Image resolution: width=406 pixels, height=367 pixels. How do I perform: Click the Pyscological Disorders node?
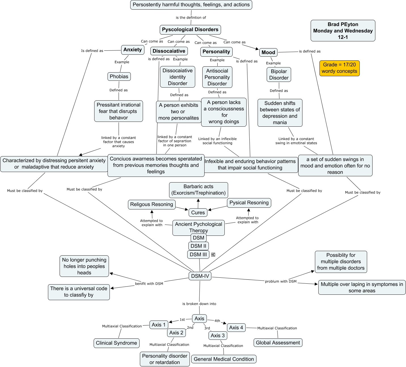[x=190, y=29]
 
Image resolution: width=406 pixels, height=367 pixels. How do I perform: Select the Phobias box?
[x=119, y=77]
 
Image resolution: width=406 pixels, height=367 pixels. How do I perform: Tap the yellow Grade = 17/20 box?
[x=339, y=68]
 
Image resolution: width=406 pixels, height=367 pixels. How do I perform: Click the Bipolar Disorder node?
[x=279, y=75]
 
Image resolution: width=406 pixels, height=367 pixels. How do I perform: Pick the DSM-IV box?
[x=200, y=276]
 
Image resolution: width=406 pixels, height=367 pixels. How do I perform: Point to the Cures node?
[x=198, y=213]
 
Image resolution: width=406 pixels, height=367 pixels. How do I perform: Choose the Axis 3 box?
[x=218, y=336]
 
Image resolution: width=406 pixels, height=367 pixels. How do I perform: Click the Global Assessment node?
[x=278, y=343]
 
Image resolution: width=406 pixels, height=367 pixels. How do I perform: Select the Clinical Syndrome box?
[x=116, y=343]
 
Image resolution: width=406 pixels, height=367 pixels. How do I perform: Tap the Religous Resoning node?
[x=152, y=204]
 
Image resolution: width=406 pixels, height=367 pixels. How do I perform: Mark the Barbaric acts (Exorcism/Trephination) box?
[x=198, y=190]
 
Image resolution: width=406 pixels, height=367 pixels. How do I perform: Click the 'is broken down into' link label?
[x=199, y=304]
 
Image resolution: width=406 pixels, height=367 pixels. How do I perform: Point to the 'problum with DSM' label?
[x=281, y=281]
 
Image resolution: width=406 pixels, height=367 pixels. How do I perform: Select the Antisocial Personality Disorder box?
[x=217, y=77]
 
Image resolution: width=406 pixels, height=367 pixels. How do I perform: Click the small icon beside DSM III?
[x=213, y=254]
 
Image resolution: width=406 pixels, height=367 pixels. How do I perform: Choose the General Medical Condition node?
[x=224, y=359]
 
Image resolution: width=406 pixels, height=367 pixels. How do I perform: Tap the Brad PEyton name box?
[x=343, y=31]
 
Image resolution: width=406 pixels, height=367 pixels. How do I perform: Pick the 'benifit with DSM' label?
[x=149, y=284]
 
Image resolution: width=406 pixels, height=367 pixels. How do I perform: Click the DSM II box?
[x=198, y=246]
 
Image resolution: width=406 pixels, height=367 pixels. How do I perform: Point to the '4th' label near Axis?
[x=217, y=321]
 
